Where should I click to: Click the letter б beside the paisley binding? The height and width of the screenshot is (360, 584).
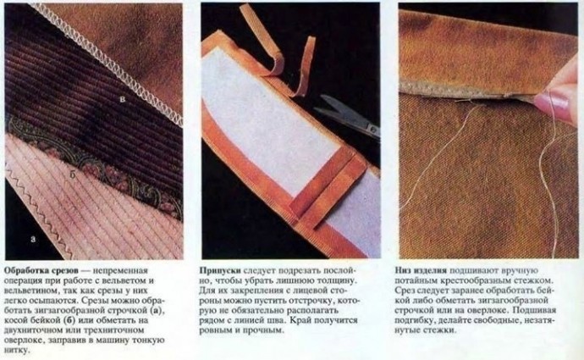[74, 175]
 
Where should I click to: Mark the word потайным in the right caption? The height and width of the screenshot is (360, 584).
[420, 279]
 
